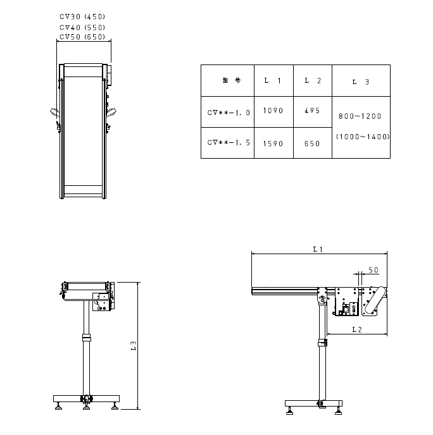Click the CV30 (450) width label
coord(82,16)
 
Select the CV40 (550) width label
coord(82,27)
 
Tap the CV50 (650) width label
coord(82,37)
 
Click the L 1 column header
coord(273,80)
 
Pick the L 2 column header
coord(313,80)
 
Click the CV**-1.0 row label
coord(229,113)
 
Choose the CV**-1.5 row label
coord(229,143)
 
